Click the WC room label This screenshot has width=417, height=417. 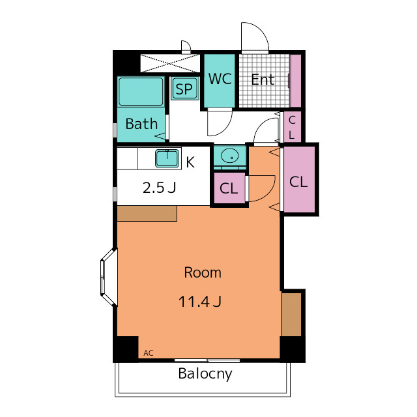tap(220, 79)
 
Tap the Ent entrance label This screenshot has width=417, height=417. tap(263, 79)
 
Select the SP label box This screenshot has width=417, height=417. tap(184, 89)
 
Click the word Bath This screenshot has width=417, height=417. tap(141, 124)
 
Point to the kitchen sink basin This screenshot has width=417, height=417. tap(167, 158)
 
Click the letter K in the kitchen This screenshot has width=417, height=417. tap(190, 162)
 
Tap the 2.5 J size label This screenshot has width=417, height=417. tap(159, 188)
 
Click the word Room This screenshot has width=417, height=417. tap(203, 272)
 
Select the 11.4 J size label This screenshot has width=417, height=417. tap(200, 302)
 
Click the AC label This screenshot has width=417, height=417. tap(149, 353)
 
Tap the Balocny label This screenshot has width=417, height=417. tap(205, 373)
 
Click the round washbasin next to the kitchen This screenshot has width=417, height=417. tap(229, 156)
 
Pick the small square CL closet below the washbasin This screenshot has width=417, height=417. tap(229, 188)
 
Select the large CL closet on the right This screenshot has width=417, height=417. tap(299, 180)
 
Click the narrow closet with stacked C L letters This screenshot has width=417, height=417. tap(293, 127)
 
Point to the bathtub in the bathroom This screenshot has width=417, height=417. tap(141, 92)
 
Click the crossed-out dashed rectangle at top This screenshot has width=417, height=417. tap(170, 63)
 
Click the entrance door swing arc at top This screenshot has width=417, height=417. tap(259, 31)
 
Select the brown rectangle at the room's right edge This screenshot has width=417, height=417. tap(291, 314)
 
